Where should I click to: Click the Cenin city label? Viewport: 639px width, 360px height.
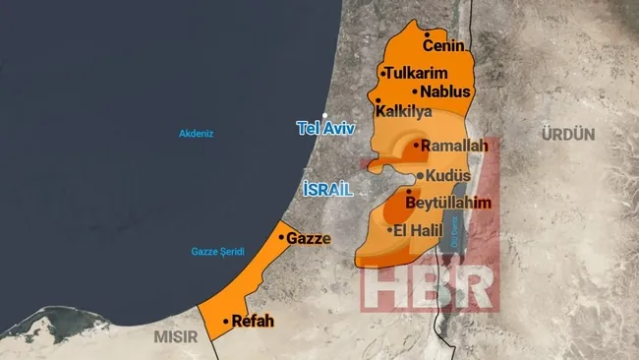point(443,45)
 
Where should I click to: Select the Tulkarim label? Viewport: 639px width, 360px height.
point(417,74)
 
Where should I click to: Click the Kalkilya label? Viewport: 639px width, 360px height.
point(403,111)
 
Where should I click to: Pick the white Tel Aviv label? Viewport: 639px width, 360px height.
point(325,129)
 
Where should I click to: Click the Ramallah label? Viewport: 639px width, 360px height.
point(454,146)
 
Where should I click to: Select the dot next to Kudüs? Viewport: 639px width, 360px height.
point(420,176)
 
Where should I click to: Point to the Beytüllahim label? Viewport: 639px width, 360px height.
point(447,203)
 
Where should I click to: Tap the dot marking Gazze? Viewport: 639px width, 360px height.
point(282,237)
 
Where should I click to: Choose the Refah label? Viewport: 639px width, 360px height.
point(252,322)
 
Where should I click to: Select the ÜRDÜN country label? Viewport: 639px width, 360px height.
point(569,134)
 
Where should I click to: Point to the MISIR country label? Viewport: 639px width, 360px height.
point(175,336)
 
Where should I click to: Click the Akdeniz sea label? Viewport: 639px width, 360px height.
point(197,133)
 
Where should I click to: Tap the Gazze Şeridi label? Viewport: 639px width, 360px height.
point(217,252)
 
